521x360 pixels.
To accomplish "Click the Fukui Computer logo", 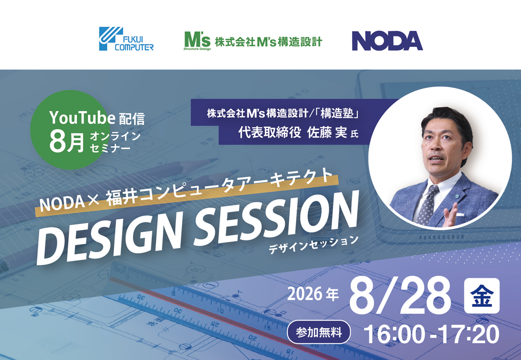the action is point(126,39).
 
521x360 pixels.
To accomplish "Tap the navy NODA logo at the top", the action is point(387,41).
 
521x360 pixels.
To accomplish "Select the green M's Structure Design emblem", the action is point(197,41).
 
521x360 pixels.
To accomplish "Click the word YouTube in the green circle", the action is point(82,118).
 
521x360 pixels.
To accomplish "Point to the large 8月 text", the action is point(67,142).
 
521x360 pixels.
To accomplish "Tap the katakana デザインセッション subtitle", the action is point(313,245).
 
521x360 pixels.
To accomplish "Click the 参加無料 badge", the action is point(319,332).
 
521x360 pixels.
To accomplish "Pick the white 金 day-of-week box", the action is point(481,296).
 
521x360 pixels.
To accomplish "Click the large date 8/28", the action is point(400,296).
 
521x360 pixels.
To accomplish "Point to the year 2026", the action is point(305,294).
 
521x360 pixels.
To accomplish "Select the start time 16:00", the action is point(395,334).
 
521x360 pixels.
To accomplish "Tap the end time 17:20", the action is point(467,334).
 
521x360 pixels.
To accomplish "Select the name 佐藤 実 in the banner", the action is point(327,132).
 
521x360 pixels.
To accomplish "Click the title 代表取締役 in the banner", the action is point(270,132).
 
